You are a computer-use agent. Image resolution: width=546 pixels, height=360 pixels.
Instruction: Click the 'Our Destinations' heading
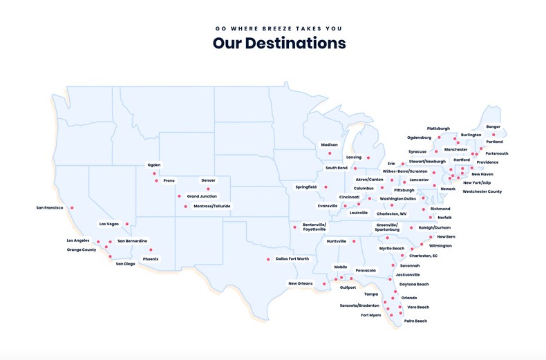coord(279,44)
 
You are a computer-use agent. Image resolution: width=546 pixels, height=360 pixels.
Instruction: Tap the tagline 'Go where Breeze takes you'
coord(279,29)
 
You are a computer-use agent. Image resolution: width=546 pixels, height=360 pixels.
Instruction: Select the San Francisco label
coord(50,208)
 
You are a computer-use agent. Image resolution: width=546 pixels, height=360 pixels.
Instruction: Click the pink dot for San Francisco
coord(72,208)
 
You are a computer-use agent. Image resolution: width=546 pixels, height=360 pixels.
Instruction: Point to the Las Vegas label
coord(109,224)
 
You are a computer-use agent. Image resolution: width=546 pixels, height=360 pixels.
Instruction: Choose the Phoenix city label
coord(151,259)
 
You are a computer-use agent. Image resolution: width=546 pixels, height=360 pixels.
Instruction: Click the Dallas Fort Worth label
coord(292,259)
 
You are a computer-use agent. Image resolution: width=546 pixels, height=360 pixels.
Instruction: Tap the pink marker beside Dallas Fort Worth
coord(268,260)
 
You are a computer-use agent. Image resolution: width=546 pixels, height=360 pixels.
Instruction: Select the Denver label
coord(208,180)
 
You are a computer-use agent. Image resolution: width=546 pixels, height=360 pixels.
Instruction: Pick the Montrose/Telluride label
coord(212,206)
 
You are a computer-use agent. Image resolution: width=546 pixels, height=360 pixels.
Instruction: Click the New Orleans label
coord(301,283)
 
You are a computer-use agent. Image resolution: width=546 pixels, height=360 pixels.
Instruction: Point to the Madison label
coord(330,145)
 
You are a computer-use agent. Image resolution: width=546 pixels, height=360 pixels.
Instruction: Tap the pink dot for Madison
coord(330,153)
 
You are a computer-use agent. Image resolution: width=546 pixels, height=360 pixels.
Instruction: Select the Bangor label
coord(493,126)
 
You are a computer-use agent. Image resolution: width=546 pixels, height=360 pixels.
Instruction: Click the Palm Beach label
coord(415,321)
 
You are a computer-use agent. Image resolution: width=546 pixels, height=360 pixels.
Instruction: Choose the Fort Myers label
coord(371,315)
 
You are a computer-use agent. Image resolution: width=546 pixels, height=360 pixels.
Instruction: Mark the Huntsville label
coord(337,241)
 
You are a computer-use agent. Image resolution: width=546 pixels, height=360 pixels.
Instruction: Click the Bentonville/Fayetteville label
coord(314,227)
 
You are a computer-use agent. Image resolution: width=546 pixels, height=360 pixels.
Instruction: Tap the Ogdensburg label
coord(419,138)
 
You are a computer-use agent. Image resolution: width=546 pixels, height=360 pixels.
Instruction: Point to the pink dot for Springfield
coord(326,187)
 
